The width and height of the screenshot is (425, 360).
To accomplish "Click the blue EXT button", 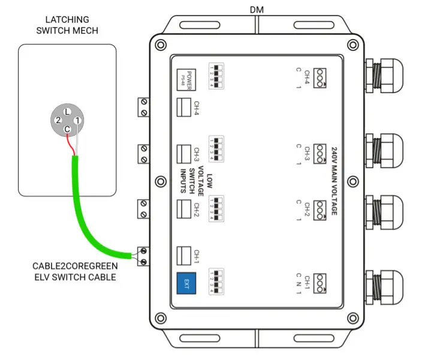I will click(186, 282).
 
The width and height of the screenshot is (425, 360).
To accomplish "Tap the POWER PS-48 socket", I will click(186, 77).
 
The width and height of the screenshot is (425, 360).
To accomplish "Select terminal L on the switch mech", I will click(67, 112).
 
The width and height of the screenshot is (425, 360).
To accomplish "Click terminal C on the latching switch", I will click(67, 129).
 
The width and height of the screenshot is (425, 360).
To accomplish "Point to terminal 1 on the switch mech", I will click(77, 121).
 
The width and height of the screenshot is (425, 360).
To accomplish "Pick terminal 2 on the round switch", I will click(58, 121).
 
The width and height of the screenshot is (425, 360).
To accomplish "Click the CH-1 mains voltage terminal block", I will click(323, 280).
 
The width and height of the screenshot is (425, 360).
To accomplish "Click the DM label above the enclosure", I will click(258, 10).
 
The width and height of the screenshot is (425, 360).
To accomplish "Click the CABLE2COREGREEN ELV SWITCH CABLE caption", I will click(76, 271).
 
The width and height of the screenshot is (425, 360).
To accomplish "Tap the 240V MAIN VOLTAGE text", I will click(333, 180).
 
